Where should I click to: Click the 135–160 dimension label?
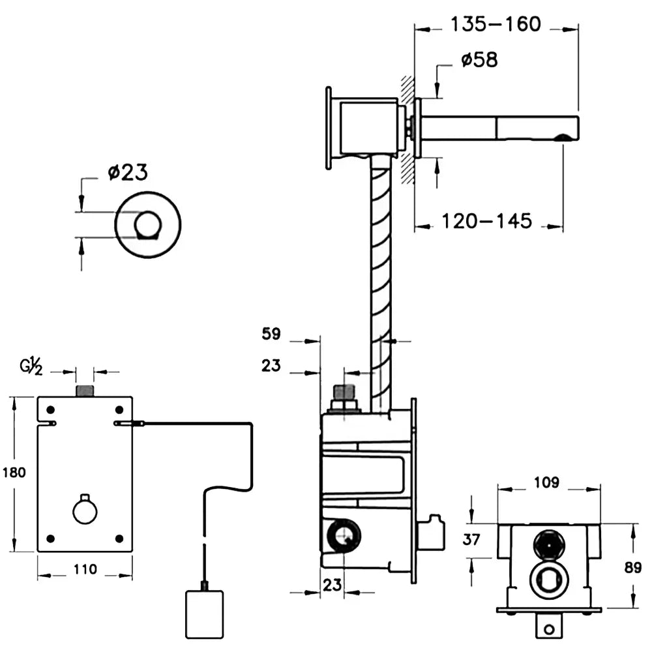point(496,25)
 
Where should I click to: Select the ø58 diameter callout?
point(479,60)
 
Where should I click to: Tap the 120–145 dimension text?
point(487,221)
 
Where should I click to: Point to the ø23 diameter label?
point(128,173)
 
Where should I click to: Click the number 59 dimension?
point(271,334)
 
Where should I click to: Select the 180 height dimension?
point(14,472)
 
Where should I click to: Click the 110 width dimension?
point(85,569)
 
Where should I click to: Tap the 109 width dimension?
point(547,482)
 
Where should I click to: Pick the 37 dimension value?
point(471,540)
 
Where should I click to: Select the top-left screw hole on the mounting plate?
point(50,410)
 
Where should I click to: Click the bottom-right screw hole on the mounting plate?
point(119,539)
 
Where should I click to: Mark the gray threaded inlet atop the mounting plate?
point(85,391)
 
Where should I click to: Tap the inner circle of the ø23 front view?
point(147,225)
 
